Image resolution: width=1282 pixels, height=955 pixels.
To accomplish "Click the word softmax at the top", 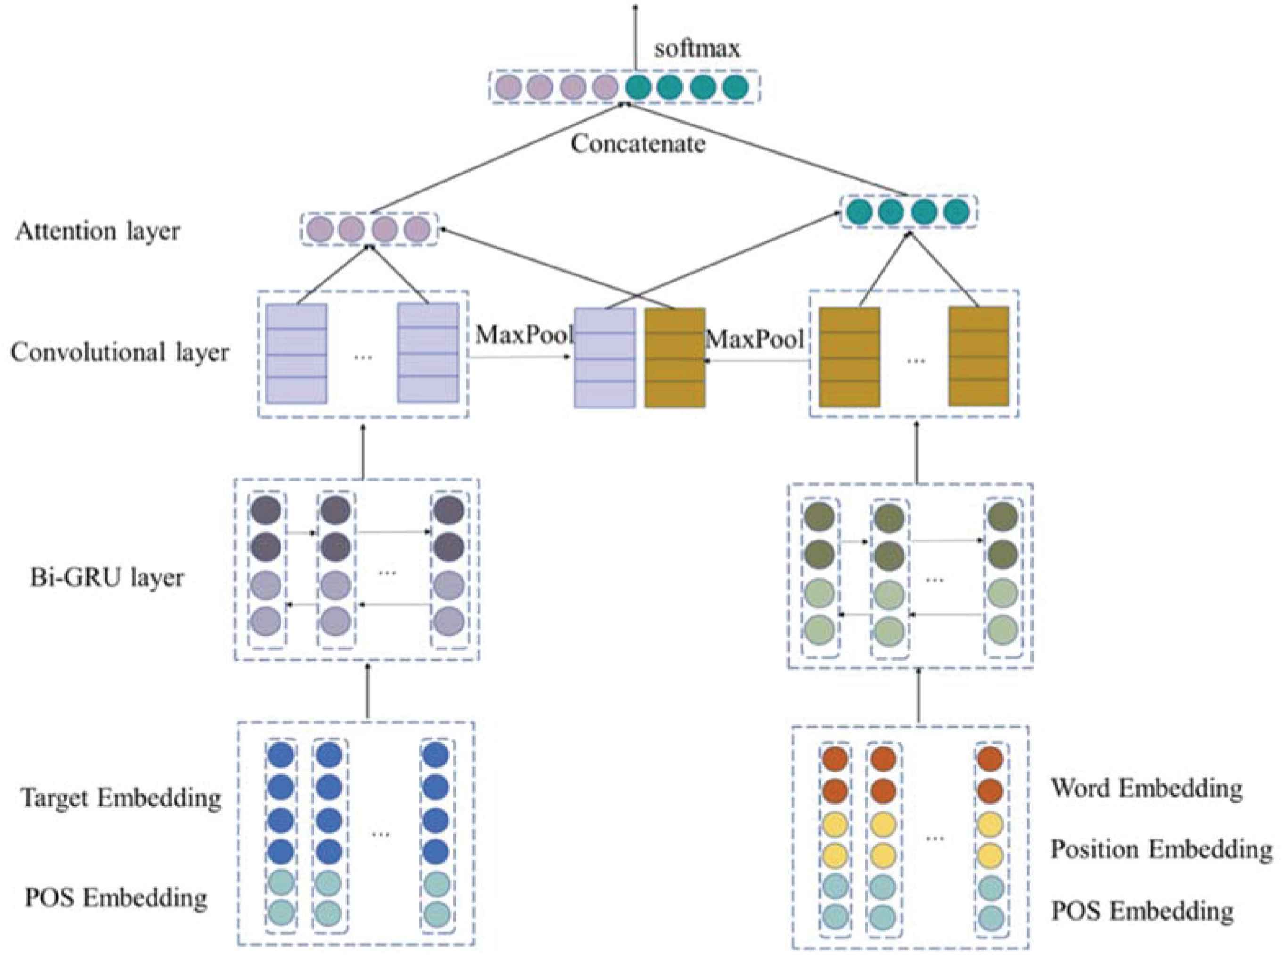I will click(696, 49).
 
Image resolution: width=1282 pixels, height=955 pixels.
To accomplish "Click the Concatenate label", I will click(637, 144).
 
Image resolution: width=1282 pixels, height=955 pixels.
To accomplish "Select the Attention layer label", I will click(98, 231).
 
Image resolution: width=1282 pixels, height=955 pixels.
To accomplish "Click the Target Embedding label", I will click(121, 798).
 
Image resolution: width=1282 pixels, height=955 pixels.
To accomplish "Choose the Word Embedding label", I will click(1146, 789).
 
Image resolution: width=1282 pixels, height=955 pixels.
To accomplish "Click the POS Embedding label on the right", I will click(1142, 911).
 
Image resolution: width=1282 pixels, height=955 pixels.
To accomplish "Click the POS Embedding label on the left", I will click(116, 898).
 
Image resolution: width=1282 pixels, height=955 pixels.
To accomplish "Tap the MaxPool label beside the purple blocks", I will click(523, 335).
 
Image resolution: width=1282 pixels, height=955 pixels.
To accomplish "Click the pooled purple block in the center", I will click(604, 358).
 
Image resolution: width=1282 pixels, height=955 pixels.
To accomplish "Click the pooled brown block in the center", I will click(675, 358).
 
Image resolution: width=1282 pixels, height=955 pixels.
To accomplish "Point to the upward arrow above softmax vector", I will click(635, 35).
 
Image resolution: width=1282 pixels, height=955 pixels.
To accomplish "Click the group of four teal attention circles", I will click(908, 212).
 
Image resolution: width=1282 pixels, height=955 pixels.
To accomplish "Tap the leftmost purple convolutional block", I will click(297, 353).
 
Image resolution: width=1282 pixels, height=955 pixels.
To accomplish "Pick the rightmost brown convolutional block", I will click(978, 356).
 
